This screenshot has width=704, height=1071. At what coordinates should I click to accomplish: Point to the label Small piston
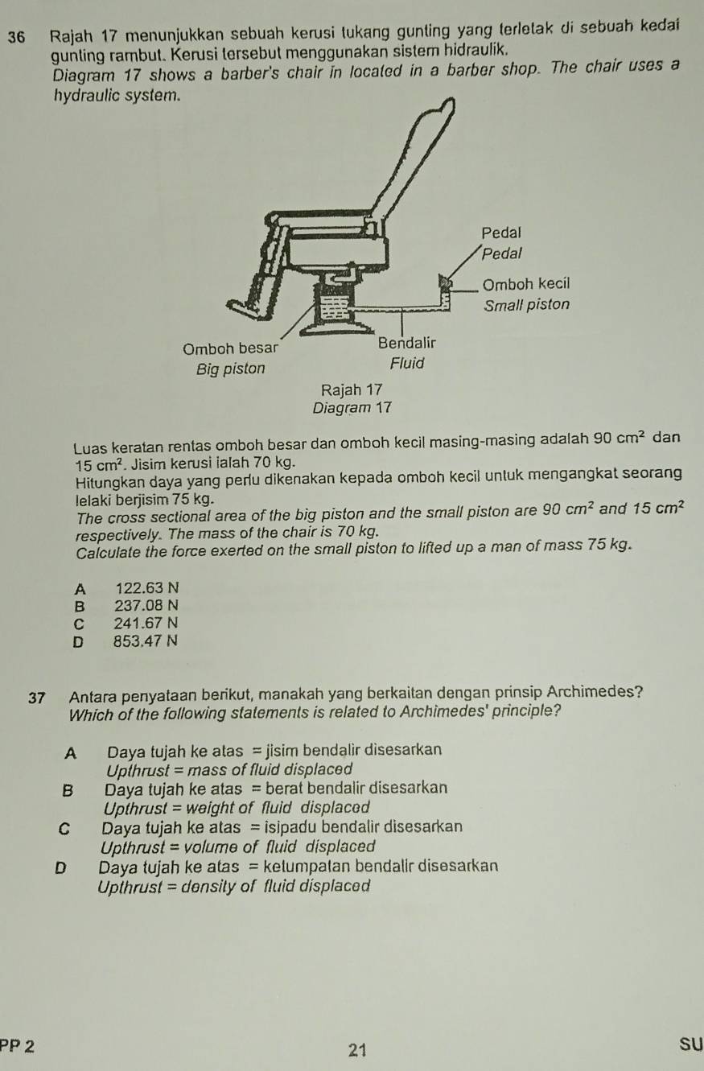tap(526, 305)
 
